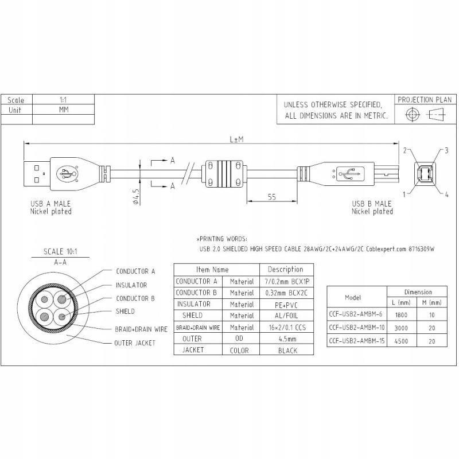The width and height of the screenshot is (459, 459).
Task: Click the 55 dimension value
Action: pos(272,197)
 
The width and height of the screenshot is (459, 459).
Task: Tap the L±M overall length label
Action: pos(236,139)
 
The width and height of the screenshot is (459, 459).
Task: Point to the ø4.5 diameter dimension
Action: pos(136,196)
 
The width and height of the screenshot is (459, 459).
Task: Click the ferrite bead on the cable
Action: pos(224,174)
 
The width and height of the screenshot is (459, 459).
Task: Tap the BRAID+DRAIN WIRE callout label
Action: pos(141,329)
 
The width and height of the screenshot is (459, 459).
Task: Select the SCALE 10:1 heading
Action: pos(60,251)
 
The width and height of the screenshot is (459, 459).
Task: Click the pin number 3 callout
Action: pos(446,150)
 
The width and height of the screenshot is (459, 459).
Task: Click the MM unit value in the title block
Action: pos(64,110)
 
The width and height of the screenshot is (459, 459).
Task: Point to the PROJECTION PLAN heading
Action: pos(425,100)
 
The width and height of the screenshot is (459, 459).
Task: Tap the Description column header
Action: pos(285,269)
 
